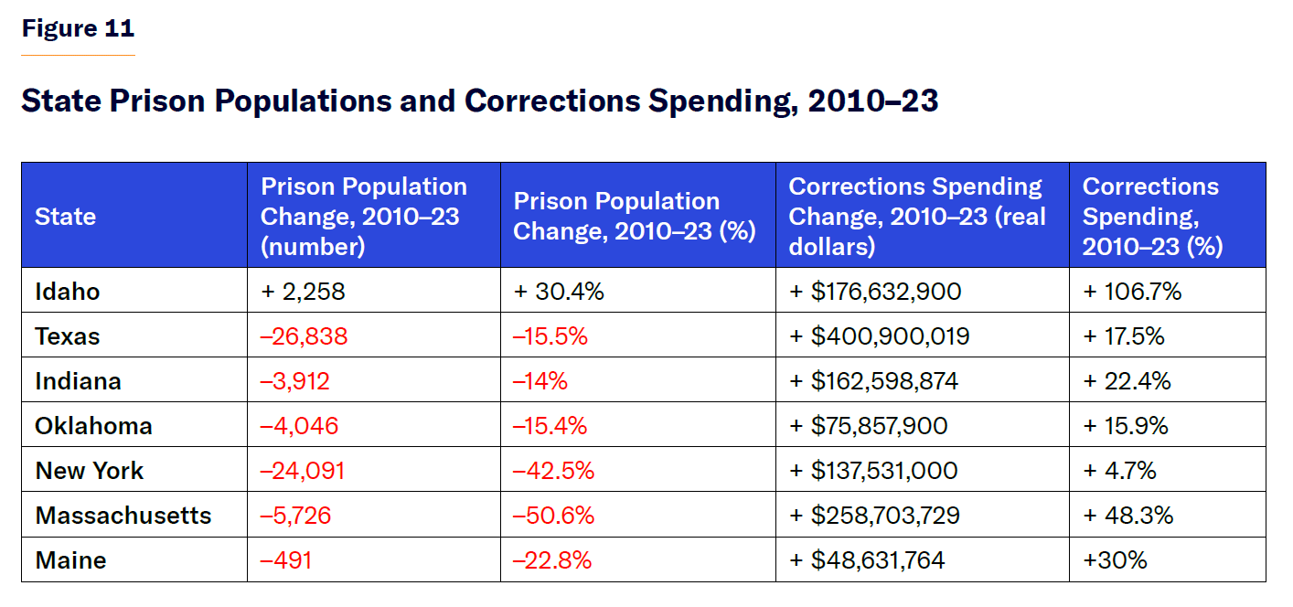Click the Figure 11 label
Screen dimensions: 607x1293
point(78,29)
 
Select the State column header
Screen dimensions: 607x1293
point(65,217)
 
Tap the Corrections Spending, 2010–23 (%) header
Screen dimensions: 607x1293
point(1152,217)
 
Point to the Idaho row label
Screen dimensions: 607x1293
point(68,292)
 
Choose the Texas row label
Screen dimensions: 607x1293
point(68,336)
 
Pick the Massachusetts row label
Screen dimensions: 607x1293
point(123,516)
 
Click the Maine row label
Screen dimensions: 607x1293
point(70,560)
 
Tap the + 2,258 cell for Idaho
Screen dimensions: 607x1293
point(303,292)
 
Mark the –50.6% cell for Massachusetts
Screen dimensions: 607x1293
point(553,516)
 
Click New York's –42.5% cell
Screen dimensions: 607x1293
point(553,471)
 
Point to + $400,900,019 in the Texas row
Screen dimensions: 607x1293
point(879,336)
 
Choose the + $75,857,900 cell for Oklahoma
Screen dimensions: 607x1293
point(868,426)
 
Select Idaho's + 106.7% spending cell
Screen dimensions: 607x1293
point(1132,292)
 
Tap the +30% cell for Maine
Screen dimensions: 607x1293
point(1115,560)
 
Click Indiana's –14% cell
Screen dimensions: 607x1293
point(540,381)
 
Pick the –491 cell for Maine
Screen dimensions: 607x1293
point(286,560)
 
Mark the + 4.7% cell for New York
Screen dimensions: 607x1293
point(1120,471)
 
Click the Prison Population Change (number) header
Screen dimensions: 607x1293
point(364,217)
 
